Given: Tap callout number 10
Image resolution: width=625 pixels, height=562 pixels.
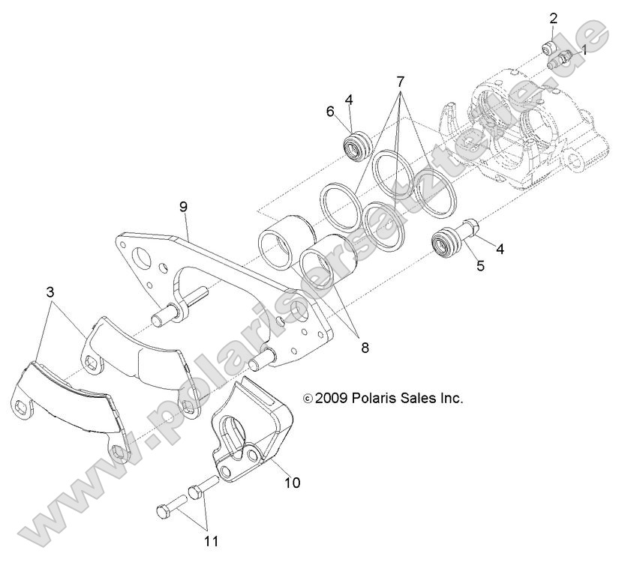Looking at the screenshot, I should (x=292, y=483).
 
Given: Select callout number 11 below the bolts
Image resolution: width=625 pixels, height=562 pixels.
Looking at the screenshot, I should (x=212, y=539).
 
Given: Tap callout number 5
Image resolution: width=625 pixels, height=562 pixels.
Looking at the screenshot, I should (x=479, y=265).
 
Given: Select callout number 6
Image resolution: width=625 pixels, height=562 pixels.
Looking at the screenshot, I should (x=329, y=112).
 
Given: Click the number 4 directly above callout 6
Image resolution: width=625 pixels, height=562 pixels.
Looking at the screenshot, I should (x=349, y=99).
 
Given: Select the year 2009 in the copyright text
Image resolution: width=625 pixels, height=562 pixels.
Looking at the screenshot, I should (x=331, y=398).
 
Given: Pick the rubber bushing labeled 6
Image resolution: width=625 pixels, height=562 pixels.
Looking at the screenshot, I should (x=356, y=143).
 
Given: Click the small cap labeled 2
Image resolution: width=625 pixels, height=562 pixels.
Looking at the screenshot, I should (x=548, y=49).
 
